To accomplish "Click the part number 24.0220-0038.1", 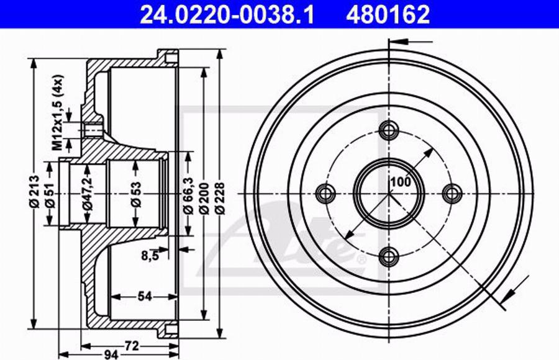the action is (227, 15).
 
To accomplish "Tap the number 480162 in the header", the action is (388, 15).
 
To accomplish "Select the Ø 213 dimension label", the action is (35, 191).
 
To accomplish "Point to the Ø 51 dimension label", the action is (50, 196).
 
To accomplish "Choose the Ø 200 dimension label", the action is (204, 198).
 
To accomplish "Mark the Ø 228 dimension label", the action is (220, 198).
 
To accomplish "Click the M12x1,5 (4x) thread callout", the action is (58, 112).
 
